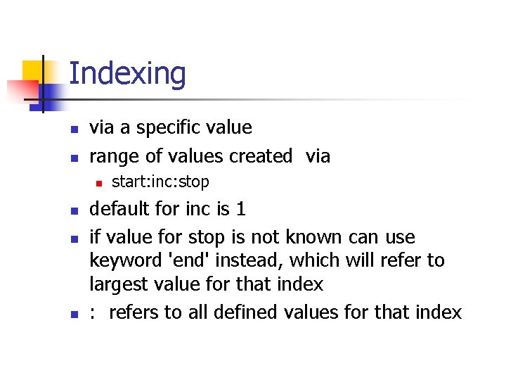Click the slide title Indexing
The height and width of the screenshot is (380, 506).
tap(128, 74)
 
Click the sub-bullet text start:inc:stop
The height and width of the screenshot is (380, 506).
tap(160, 182)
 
